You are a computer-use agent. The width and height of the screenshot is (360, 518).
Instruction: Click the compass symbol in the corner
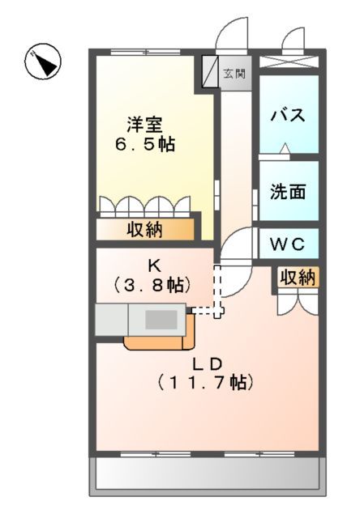click(43, 63)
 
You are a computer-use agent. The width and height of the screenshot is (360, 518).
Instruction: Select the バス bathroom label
click(289, 114)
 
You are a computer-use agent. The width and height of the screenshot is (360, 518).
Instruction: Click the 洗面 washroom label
click(288, 193)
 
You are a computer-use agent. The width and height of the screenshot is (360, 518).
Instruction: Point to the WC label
click(288, 242)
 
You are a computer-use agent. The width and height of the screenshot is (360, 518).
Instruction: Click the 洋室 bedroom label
click(145, 125)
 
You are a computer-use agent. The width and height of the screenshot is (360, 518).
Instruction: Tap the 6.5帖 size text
click(145, 146)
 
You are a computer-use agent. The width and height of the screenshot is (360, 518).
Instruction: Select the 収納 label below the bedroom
click(145, 230)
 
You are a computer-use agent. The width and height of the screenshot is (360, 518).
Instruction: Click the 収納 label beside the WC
click(297, 277)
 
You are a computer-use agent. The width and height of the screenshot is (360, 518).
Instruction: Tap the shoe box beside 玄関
click(208, 72)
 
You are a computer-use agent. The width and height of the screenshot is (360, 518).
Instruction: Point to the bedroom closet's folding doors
click(145, 205)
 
